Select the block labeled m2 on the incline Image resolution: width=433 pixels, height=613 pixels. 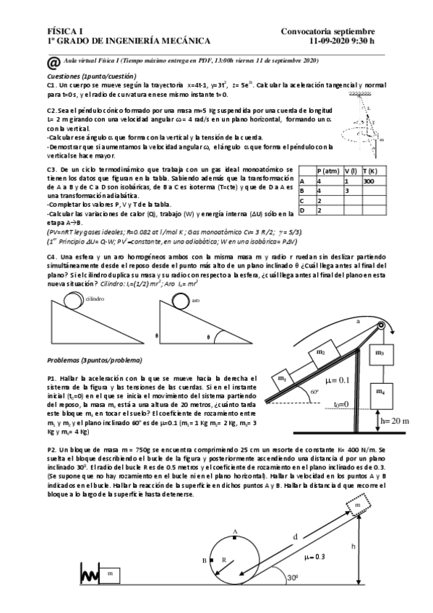(x=320, y=353)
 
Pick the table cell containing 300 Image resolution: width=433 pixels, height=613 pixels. (x=369, y=181)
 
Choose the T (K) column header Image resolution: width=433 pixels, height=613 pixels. (x=370, y=171)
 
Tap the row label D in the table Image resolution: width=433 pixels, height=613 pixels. (x=302, y=210)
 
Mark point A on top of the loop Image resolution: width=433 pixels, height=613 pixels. (x=235, y=532)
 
